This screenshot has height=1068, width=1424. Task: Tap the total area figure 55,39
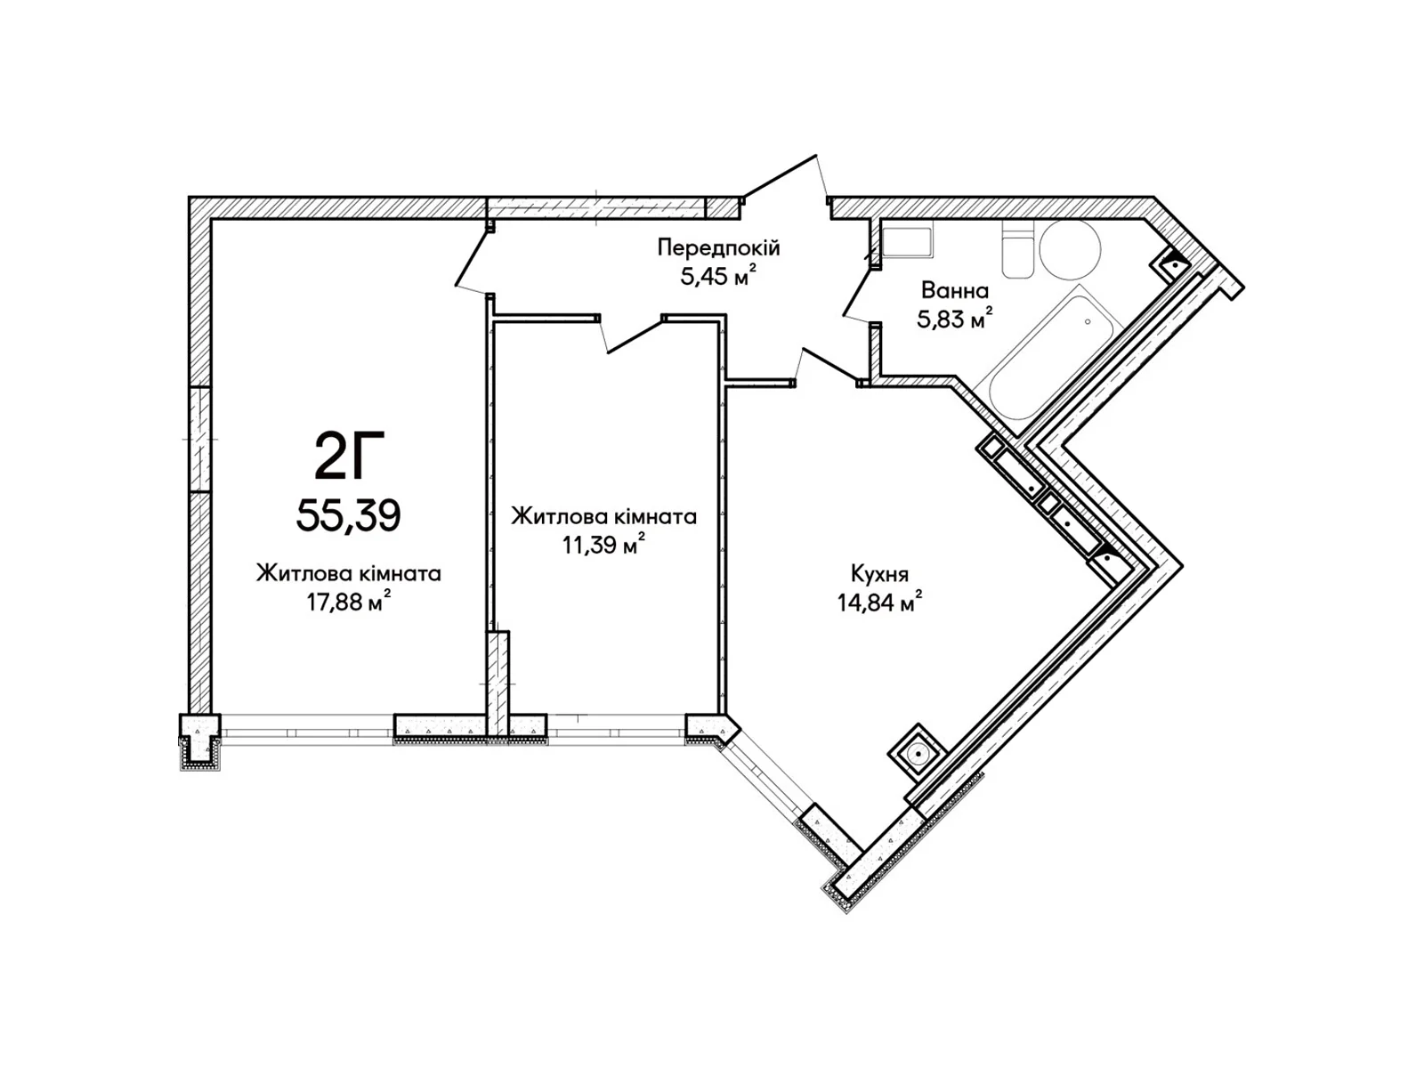(x=348, y=516)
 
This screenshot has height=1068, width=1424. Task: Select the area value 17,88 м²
(x=348, y=603)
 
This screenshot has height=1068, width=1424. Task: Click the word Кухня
(x=879, y=575)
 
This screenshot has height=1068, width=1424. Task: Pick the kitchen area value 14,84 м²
(x=879, y=603)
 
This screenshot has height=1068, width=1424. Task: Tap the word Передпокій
(x=718, y=247)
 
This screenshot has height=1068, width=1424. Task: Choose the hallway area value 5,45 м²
(x=718, y=277)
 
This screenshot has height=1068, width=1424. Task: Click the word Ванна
(x=954, y=290)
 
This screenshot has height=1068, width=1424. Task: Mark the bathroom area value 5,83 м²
(x=954, y=319)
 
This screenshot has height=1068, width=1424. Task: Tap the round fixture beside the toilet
(x=1070, y=250)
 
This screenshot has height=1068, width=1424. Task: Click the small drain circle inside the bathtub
(x=1088, y=321)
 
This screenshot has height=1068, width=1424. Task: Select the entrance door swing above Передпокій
(x=784, y=176)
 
